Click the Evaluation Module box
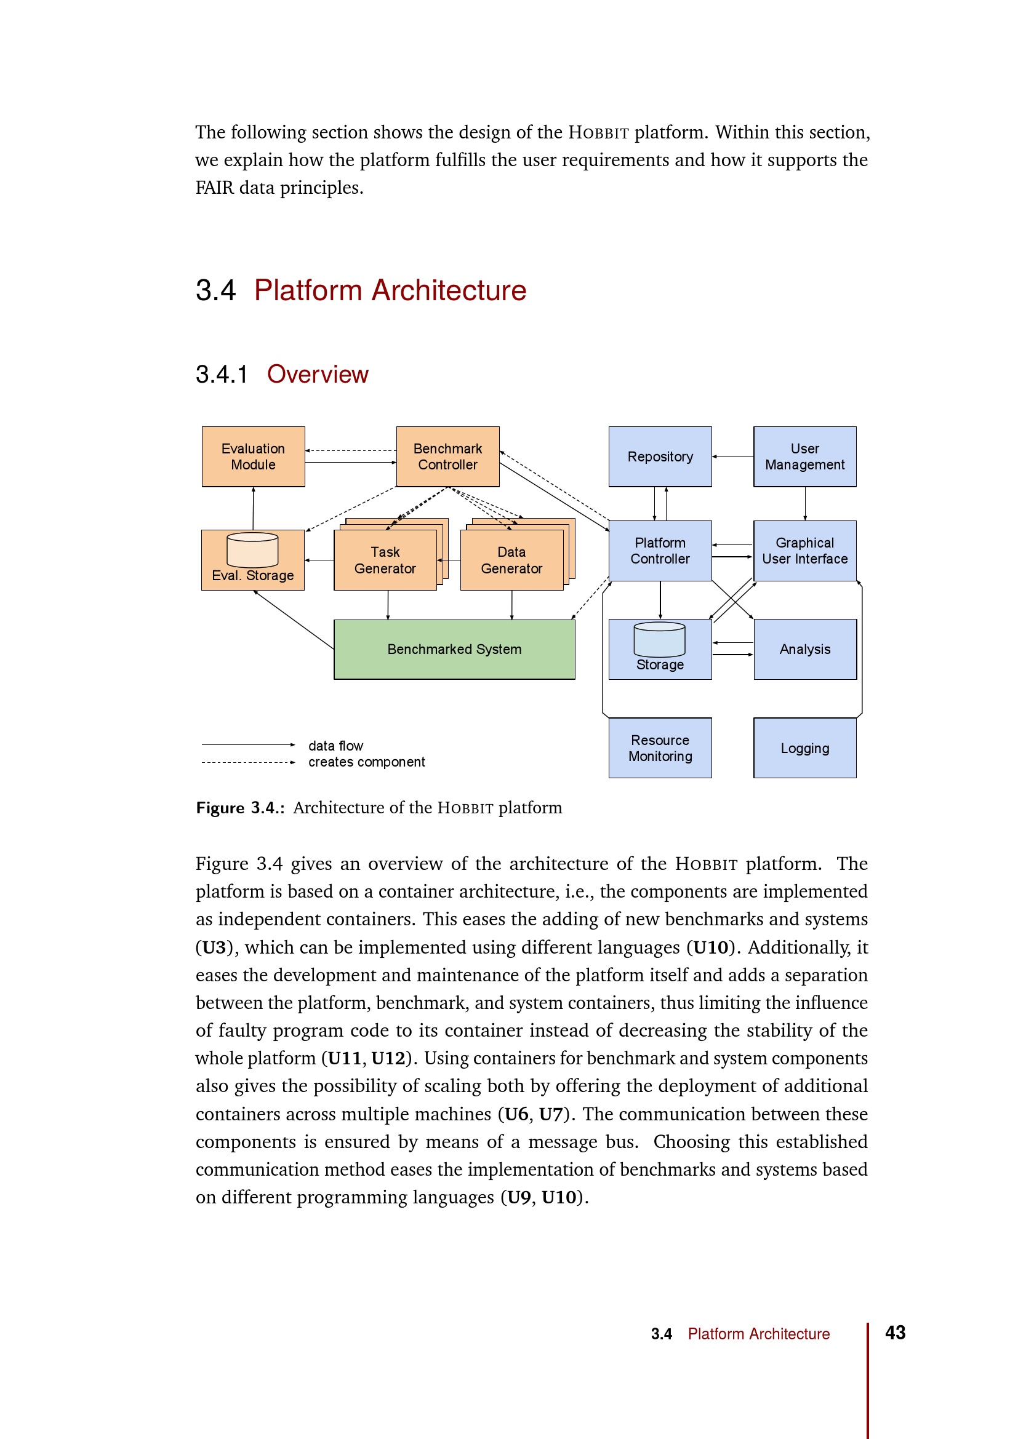point(253,456)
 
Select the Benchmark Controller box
point(447,456)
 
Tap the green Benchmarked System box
point(454,649)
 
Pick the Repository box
point(660,456)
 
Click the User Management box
point(805,456)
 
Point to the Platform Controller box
point(660,550)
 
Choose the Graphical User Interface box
point(805,550)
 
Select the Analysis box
point(805,649)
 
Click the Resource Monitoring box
point(660,747)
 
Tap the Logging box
point(805,747)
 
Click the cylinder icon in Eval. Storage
point(252,549)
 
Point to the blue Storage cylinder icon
point(659,639)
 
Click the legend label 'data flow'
point(335,746)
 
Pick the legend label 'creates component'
point(366,762)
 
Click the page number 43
point(895,1333)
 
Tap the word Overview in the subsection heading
point(318,374)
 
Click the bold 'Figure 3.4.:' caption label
point(240,808)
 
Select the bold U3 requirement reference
point(214,947)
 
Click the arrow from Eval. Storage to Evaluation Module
point(253,508)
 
